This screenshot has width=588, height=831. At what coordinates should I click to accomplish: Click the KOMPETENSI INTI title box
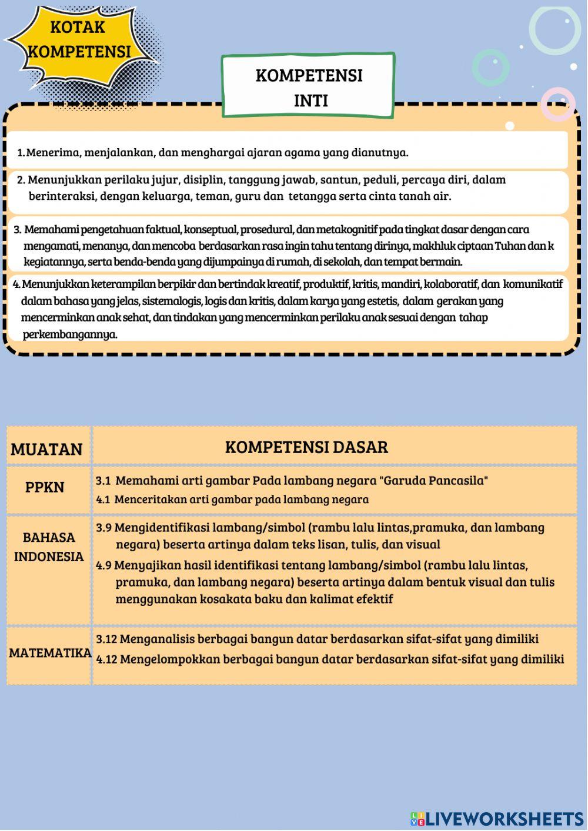point(309,87)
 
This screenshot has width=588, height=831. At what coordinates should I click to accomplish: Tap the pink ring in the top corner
point(557,104)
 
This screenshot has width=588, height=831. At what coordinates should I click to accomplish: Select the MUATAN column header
point(46,449)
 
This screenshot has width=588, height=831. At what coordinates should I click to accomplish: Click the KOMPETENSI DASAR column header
point(306,447)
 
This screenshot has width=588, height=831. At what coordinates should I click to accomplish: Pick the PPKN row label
point(45,487)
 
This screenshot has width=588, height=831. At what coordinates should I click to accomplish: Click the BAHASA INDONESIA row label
point(49,547)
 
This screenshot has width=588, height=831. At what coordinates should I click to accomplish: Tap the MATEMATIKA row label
point(50,653)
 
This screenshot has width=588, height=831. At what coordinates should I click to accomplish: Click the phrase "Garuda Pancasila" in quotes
point(434,481)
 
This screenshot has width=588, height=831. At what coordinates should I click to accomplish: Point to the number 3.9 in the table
point(103,528)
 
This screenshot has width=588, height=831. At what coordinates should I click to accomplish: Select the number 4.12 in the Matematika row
point(106,659)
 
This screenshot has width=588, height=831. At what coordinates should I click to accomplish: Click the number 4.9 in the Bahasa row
point(103,565)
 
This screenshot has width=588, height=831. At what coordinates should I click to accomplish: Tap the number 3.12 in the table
point(106,639)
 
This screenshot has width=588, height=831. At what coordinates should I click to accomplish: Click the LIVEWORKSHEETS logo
point(497,819)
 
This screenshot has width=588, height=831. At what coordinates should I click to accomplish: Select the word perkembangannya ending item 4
point(69,334)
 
